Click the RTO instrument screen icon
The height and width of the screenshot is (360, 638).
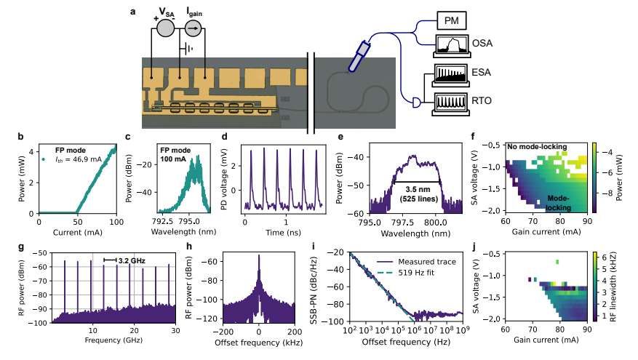(x=454, y=103)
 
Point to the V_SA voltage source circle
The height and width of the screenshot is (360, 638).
(x=165, y=28)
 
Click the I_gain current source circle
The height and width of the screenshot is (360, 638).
(x=193, y=28)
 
